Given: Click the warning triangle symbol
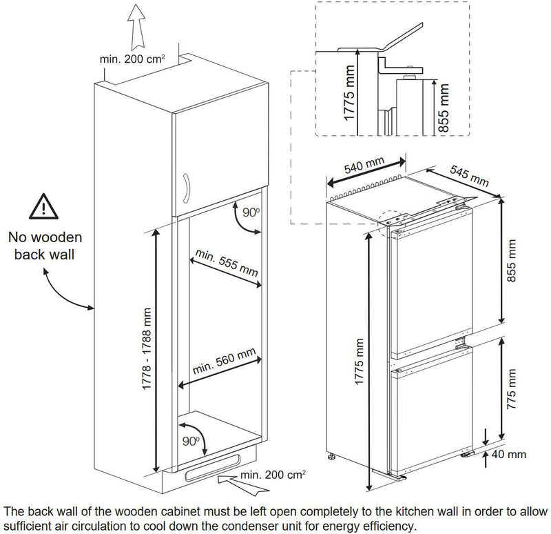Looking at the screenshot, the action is coord(43,207).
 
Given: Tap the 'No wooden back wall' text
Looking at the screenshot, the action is coord(45,246).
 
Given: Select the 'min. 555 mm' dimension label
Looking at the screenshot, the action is coord(227,263).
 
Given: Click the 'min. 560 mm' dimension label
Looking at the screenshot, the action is coord(224,362).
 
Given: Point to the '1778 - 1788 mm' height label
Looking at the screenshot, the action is coord(147,349).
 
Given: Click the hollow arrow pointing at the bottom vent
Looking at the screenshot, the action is coord(243,485).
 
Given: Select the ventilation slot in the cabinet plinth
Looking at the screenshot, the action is coord(213,468).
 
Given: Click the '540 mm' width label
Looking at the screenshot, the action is coord(364,166).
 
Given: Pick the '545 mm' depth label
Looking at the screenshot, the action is coord(470,175).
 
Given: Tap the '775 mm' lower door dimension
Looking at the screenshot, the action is coord(512,389).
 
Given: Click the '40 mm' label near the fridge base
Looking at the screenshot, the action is coord(509,454).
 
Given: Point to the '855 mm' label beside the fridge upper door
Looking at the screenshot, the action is coord(512,261).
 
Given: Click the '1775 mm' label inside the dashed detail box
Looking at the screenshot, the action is coord(349,93).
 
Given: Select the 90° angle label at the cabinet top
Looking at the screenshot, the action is coord(251,212).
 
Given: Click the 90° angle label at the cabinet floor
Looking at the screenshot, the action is coord(191,441).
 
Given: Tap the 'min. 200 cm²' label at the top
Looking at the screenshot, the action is coord(132,59).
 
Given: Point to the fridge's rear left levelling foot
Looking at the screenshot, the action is coord(331,457).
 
